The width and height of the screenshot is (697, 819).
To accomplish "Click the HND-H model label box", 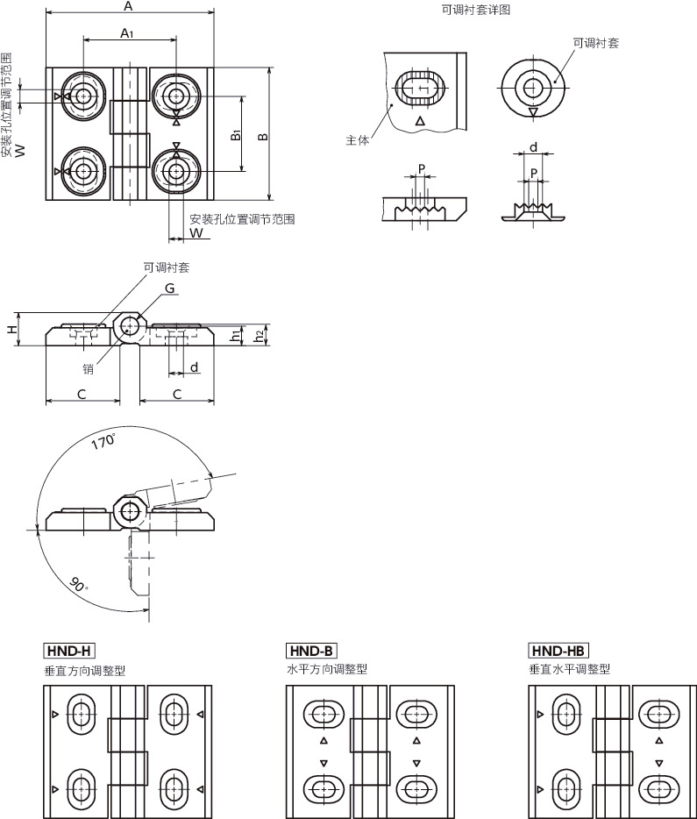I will coord(68,651).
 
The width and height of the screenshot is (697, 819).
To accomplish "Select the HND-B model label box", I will coord(311,651).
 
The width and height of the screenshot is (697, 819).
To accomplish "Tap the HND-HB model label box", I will coord(558,651).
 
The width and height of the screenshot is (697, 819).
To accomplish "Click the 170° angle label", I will coord(103,442).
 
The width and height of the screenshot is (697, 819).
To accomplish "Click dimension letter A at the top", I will coord(128,7).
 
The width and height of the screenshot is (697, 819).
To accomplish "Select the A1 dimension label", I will coord(127,33).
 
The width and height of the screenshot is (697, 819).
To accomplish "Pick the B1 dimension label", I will coord(236,135).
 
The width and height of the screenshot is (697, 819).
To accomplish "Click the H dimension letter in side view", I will coord(11,330).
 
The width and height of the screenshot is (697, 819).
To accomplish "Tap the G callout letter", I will coord(169,288).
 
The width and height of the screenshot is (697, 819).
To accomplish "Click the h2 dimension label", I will coord(259,334).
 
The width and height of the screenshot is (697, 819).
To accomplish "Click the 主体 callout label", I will coord(358,140).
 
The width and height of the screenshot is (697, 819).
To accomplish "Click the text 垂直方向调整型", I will coord(84,670).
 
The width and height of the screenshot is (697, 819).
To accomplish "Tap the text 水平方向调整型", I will coord(327,669).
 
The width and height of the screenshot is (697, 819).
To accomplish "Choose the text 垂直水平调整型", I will coord(569,669).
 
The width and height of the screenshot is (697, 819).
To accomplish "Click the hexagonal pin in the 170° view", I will coord(130,509).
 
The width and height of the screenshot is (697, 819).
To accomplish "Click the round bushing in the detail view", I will coord(531,87).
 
